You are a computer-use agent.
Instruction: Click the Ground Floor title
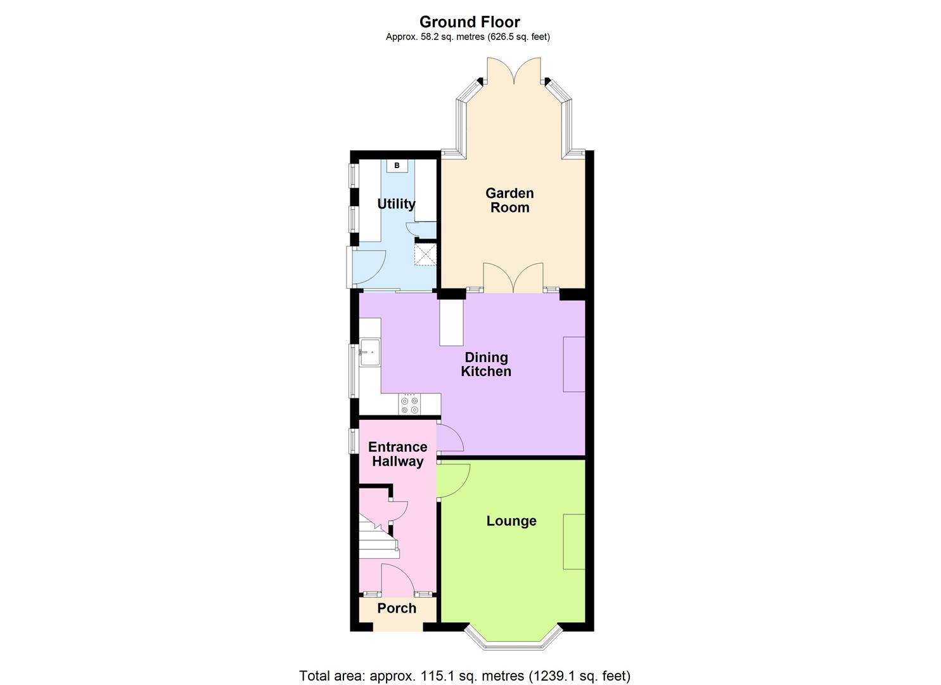(x=470, y=22)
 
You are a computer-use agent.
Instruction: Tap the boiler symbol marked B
(x=397, y=166)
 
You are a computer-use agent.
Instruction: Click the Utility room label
(x=396, y=204)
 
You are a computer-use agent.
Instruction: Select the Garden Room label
(x=509, y=200)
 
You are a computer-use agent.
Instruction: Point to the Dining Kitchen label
(x=486, y=364)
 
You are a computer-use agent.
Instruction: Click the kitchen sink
(x=369, y=352)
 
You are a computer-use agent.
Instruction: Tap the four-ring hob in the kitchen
(x=409, y=405)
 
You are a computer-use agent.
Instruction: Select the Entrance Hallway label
(x=397, y=454)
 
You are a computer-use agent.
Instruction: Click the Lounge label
(x=511, y=521)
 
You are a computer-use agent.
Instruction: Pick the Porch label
(x=397, y=608)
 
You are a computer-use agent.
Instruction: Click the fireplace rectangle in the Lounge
(x=574, y=541)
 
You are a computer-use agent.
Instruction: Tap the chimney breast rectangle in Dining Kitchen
(x=574, y=364)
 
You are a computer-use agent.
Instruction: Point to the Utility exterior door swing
(x=368, y=266)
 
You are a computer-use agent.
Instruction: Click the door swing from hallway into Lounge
(x=453, y=480)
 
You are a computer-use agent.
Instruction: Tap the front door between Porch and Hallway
(x=397, y=579)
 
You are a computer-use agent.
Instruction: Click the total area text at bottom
(x=464, y=675)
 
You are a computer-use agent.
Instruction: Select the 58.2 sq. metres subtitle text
(x=468, y=37)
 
